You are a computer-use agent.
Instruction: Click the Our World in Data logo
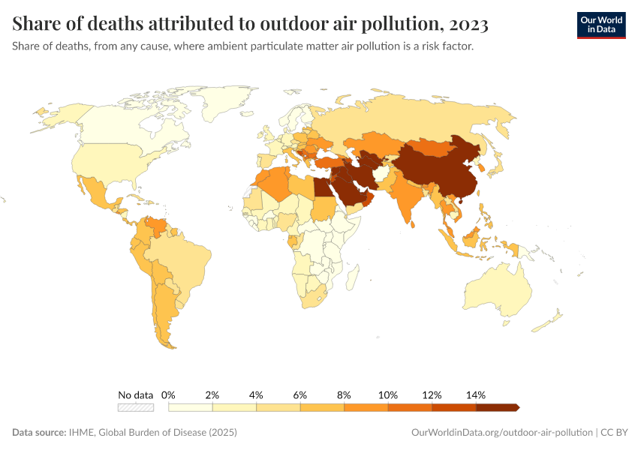[x=600, y=25]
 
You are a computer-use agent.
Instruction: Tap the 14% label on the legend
[x=476, y=394]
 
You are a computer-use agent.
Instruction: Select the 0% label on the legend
[x=168, y=394]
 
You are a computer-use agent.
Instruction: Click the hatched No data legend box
[x=136, y=407]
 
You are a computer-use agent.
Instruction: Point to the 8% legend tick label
[x=345, y=394]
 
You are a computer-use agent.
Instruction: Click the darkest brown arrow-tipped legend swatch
[x=497, y=407]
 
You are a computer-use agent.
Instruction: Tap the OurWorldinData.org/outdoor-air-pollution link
[x=501, y=433]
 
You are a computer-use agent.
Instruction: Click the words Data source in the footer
[x=41, y=433]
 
